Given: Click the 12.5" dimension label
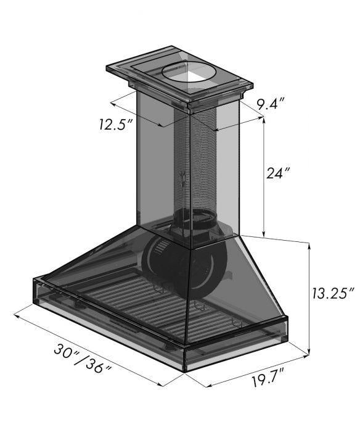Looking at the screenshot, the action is pyautogui.click(x=113, y=125).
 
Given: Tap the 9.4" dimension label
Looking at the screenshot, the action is pyautogui.click(x=270, y=104).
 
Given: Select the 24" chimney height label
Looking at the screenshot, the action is pyautogui.click(x=278, y=173).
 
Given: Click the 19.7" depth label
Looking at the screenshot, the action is pyautogui.click(x=268, y=380).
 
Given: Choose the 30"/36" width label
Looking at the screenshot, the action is pyautogui.click(x=83, y=359).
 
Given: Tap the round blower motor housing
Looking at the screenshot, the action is pyautogui.click(x=184, y=265).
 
